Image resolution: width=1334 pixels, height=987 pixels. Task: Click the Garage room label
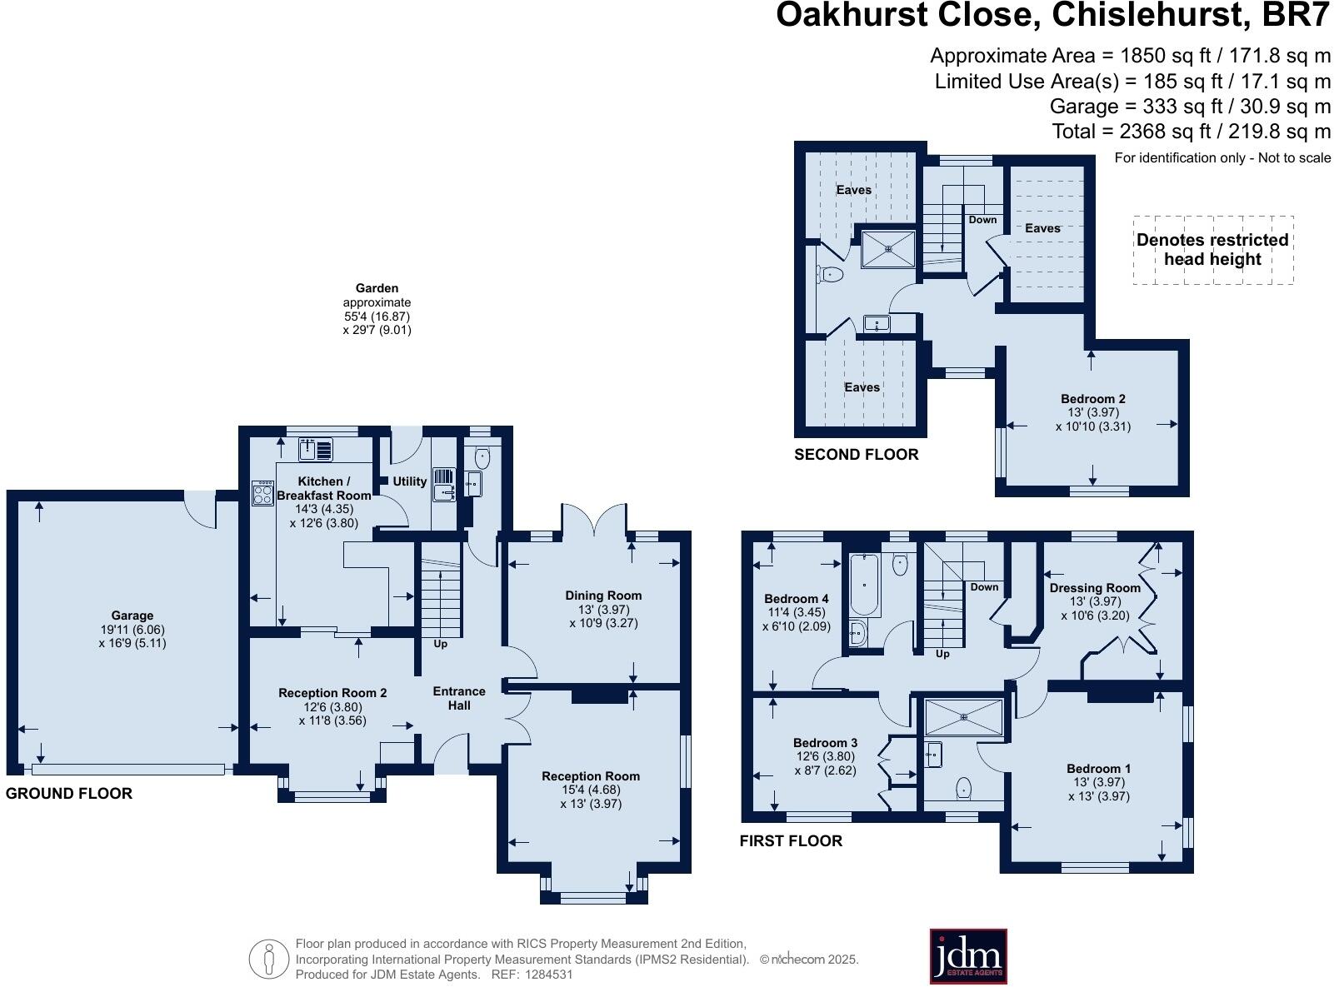(x=132, y=616)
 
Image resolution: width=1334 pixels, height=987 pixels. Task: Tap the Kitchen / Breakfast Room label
(x=323, y=488)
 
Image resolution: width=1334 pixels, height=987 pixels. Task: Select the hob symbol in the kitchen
(x=263, y=493)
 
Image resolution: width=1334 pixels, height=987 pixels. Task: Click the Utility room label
(x=409, y=481)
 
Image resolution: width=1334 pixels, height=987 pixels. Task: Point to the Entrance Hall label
(x=458, y=698)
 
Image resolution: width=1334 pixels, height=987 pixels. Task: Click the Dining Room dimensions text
(x=603, y=616)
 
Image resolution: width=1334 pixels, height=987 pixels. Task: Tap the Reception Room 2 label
(x=332, y=693)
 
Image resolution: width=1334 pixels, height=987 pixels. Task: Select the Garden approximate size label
(x=377, y=309)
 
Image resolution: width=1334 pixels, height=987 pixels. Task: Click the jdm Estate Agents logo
(x=967, y=956)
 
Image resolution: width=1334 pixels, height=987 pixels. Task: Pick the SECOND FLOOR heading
(x=856, y=455)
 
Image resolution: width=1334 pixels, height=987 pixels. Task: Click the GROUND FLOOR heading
(x=69, y=794)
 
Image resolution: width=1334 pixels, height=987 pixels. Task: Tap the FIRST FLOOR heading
(x=791, y=841)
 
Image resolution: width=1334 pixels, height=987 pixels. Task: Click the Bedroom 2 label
(x=1092, y=399)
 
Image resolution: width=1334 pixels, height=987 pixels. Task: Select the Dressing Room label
(x=1094, y=588)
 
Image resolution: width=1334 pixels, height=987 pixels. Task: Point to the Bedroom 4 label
(x=796, y=599)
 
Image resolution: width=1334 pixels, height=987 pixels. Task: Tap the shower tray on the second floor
(x=888, y=248)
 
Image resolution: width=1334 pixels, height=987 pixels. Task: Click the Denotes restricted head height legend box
(x=1212, y=250)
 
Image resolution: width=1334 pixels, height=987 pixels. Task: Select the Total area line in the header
(x=1191, y=132)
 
